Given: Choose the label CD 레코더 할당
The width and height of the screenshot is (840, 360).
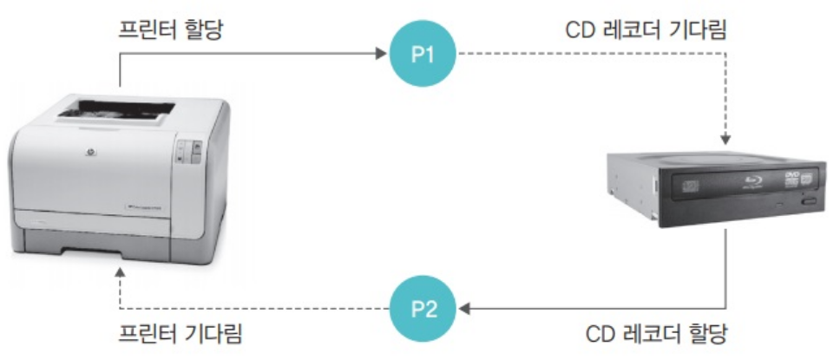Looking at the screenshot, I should (656, 333).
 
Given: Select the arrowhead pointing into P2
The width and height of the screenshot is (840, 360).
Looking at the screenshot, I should (463, 309).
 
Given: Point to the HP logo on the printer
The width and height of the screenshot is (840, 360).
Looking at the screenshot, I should (87, 158).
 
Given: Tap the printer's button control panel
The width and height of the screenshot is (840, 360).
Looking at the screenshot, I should (188, 154).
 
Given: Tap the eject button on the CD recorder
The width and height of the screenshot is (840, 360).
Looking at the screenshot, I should (810, 202).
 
